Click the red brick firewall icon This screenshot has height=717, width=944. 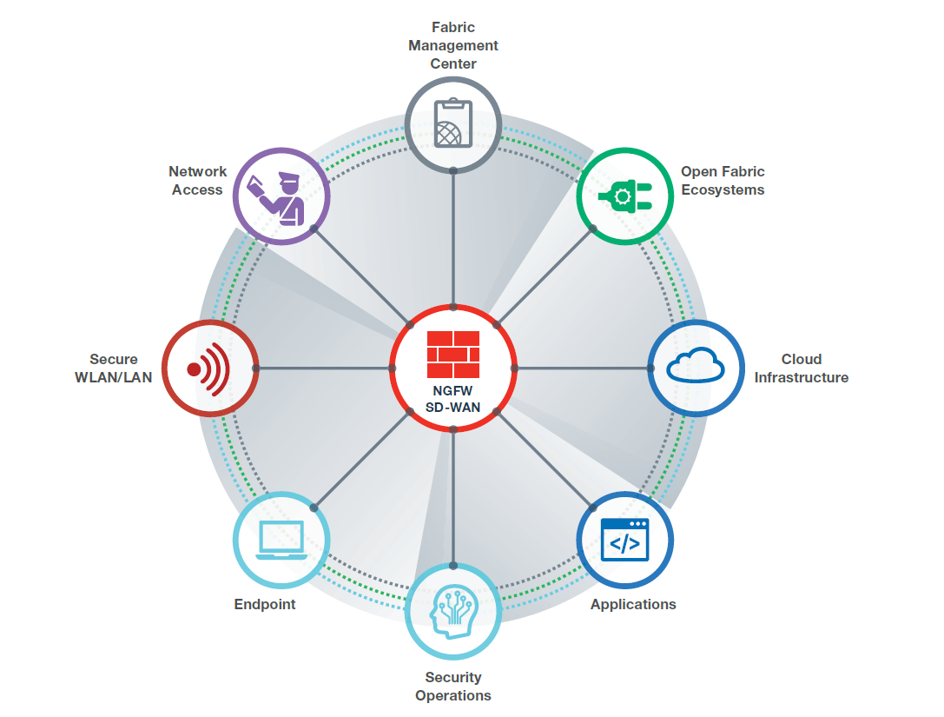coord(453,353)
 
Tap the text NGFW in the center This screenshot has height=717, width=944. coord(453,391)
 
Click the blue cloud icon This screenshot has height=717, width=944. coord(696,367)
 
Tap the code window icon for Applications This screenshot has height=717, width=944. coord(624,539)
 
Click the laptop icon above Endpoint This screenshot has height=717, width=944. coord(281,540)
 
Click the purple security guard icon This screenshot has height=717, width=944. coord(281,196)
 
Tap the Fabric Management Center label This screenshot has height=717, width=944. coord(453,45)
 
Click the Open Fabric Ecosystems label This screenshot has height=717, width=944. coord(723,181)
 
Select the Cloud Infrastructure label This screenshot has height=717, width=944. coord(801,368)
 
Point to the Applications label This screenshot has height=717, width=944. coord(633,604)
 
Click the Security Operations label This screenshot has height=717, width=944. coord(453,686)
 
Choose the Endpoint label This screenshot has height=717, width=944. coord(265,604)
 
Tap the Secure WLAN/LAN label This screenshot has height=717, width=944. coord(114,368)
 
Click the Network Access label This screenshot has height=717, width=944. coord(198,181)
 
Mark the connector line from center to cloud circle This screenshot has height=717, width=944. coord(582,368)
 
